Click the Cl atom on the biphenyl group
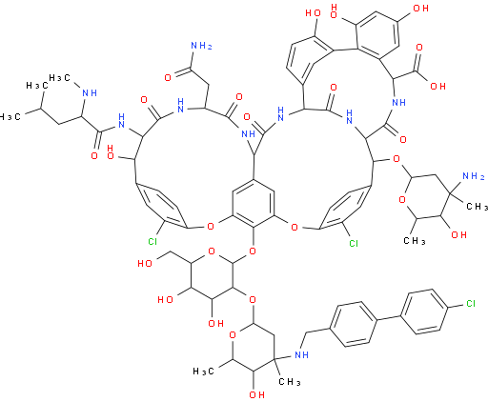pyautogui.click(x=471, y=304)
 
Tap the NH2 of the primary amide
pyautogui.click(x=201, y=46)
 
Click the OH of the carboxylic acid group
pyautogui.click(x=438, y=86)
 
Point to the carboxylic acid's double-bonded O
pyautogui.click(x=419, y=48)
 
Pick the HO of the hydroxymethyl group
pyautogui.click(x=145, y=263)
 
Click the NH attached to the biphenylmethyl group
pyautogui.click(x=301, y=354)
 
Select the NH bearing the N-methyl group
pyautogui.click(x=90, y=93)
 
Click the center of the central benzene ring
pyautogui.click(x=254, y=204)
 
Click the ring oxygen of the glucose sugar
pyautogui.click(x=211, y=251)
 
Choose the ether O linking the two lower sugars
pyautogui.click(x=253, y=299)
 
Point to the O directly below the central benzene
pyautogui.click(x=253, y=251)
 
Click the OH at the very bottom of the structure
pyautogui.click(x=256, y=394)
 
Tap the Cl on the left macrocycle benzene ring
pyautogui.click(x=152, y=242)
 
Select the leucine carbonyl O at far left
pyautogui.click(x=94, y=155)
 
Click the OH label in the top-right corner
pyautogui.click(x=421, y=9)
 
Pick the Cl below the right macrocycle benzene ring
pyautogui.click(x=354, y=243)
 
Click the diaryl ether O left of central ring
pyautogui.click(x=211, y=227)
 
